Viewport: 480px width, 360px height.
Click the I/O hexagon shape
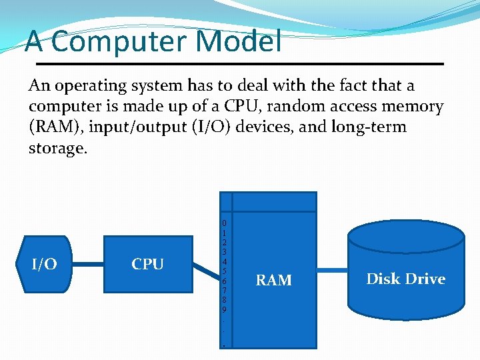pos(45,265)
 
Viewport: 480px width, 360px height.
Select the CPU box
pos(147,265)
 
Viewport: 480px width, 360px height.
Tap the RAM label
pos(274,280)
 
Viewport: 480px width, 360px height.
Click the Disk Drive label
pos(405,279)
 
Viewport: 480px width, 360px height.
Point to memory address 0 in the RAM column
pos(225,223)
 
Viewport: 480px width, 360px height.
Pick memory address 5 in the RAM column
pos(225,271)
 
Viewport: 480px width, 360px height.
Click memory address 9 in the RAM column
pos(225,310)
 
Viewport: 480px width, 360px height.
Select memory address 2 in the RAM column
pos(225,242)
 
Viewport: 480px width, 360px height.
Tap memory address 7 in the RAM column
pos(225,291)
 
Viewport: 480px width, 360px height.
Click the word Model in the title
pos(238,41)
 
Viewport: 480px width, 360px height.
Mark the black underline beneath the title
pos(239,63)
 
